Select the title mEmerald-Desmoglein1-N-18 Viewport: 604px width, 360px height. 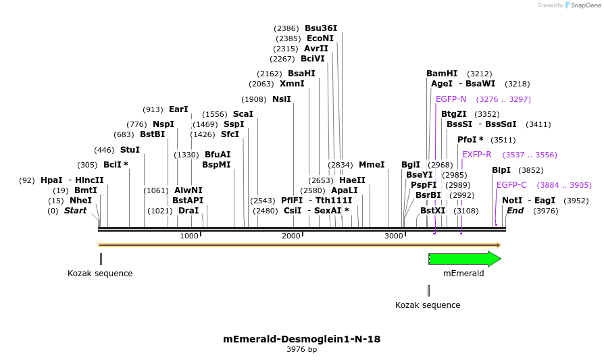pos(301,339)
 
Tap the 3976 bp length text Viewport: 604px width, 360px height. pos(301,350)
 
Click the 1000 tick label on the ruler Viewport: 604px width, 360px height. pos(189,236)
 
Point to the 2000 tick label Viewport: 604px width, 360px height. pos(291,236)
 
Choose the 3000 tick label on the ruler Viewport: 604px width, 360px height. pos(393,236)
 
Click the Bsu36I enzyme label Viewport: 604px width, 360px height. pos(321,28)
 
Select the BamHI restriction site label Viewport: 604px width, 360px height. pos(442,74)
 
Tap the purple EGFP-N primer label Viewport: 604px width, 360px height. pos(451,99)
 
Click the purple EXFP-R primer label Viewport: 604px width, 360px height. pos(477,155)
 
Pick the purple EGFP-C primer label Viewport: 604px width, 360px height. pos(511,185)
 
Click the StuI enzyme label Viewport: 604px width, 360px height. pos(130,150)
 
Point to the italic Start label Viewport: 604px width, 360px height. pos(75,211)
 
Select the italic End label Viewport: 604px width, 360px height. pos(515,211)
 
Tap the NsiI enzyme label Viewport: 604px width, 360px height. pos(282,99)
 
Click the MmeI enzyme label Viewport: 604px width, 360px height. pos(372,165)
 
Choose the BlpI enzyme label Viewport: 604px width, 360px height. pos(501,170)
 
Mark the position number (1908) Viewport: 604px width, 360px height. pos(254,99)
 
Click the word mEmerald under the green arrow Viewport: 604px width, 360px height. pos(463,274)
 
